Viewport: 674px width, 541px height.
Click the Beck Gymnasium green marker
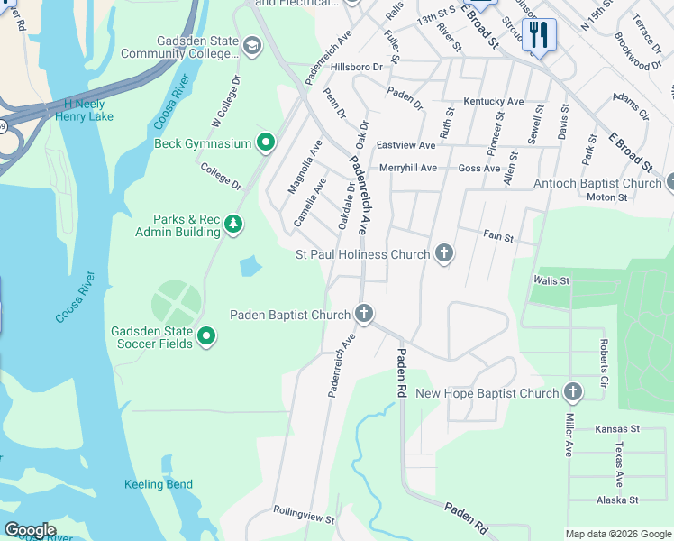click(x=266, y=143)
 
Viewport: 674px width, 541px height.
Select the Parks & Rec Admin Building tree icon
click(x=233, y=225)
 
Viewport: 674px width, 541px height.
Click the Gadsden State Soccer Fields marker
click(x=206, y=337)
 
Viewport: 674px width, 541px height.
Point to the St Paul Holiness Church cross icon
click(x=443, y=254)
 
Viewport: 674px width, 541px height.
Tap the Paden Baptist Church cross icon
click(x=364, y=315)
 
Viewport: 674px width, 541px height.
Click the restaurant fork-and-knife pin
click(x=539, y=35)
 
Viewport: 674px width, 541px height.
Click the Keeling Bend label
click(x=159, y=484)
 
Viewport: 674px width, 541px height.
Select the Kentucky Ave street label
click(x=493, y=102)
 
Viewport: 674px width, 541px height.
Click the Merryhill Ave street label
click(x=408, y=168)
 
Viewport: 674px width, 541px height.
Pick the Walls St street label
click(x=551, y=281)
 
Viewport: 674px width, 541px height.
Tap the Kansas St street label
click(x=617, y=429)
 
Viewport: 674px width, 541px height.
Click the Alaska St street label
click(x=616, y=500)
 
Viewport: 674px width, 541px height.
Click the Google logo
click(x=30, y=530)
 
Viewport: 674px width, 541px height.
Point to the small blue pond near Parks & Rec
click(x=250, y=266)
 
